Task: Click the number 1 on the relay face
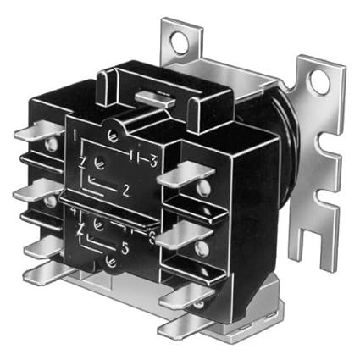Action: coord(76,134)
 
